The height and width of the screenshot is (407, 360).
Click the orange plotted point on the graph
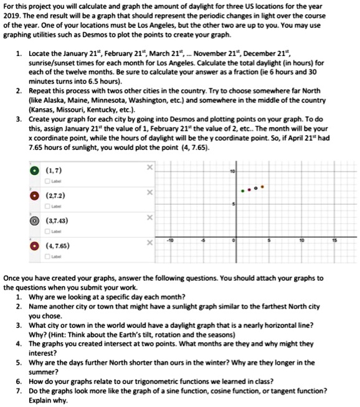coord(262,186)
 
